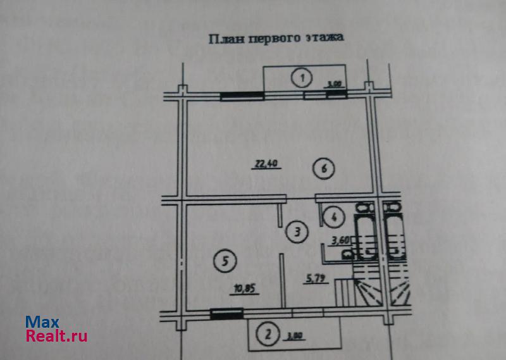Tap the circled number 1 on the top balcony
302,78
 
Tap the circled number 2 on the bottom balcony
268,333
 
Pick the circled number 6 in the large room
323,169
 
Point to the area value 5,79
316,278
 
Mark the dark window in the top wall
242,96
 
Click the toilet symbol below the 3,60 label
347,254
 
